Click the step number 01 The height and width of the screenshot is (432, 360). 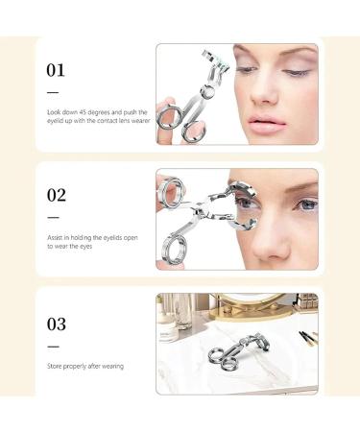[56, 70]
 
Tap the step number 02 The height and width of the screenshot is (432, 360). [56, 195]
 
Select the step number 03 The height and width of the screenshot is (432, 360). [56, 323]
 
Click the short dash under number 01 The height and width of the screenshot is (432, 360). [52, 92]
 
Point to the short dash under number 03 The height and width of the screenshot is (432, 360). [52, 346]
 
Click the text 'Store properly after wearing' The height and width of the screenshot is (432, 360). [84, 366]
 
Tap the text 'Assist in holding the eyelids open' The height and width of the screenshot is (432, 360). [92, 236]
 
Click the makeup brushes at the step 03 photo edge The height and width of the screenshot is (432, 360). [307, 335]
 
